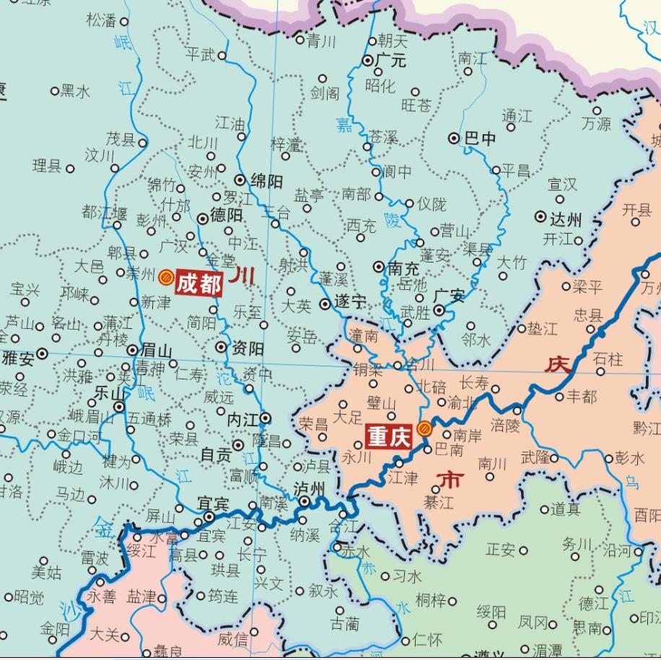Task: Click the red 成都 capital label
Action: (x=198, y=283)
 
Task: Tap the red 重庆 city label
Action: (x=390, y=437)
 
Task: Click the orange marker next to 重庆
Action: (x=425, y=428)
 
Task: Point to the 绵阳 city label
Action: (x=266, y=181)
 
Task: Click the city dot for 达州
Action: (x=540, y=216)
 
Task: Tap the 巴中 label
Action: (x=480, y=138)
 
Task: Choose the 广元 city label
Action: (x=390, y=61)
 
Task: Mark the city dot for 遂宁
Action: (x=326, y=304)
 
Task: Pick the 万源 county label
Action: (x=596, y=124)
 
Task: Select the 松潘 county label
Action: (x=101, y=20)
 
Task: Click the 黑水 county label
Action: (x=75, y=91)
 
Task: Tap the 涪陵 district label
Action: (x=504, y=426)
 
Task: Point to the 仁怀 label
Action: (x=426, y=640)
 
